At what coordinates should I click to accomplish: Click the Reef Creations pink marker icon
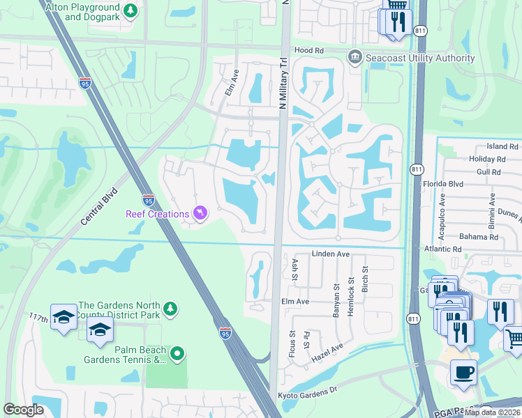tap(201, 212)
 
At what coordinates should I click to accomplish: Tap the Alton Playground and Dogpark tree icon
tap(130, 10)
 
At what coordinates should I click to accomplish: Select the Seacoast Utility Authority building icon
tap(355, 56)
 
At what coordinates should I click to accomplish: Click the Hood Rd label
tap(309, 51)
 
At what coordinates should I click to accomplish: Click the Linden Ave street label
tap(330, 254)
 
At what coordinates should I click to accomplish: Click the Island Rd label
tap(502, 147)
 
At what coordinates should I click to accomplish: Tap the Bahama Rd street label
tap(480, 237)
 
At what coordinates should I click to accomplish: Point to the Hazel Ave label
tap(328, 353)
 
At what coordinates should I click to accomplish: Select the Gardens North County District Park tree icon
tap(170, 309)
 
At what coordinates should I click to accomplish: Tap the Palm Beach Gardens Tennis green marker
tap(177, 354)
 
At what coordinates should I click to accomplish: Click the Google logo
tap(24, 410)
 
